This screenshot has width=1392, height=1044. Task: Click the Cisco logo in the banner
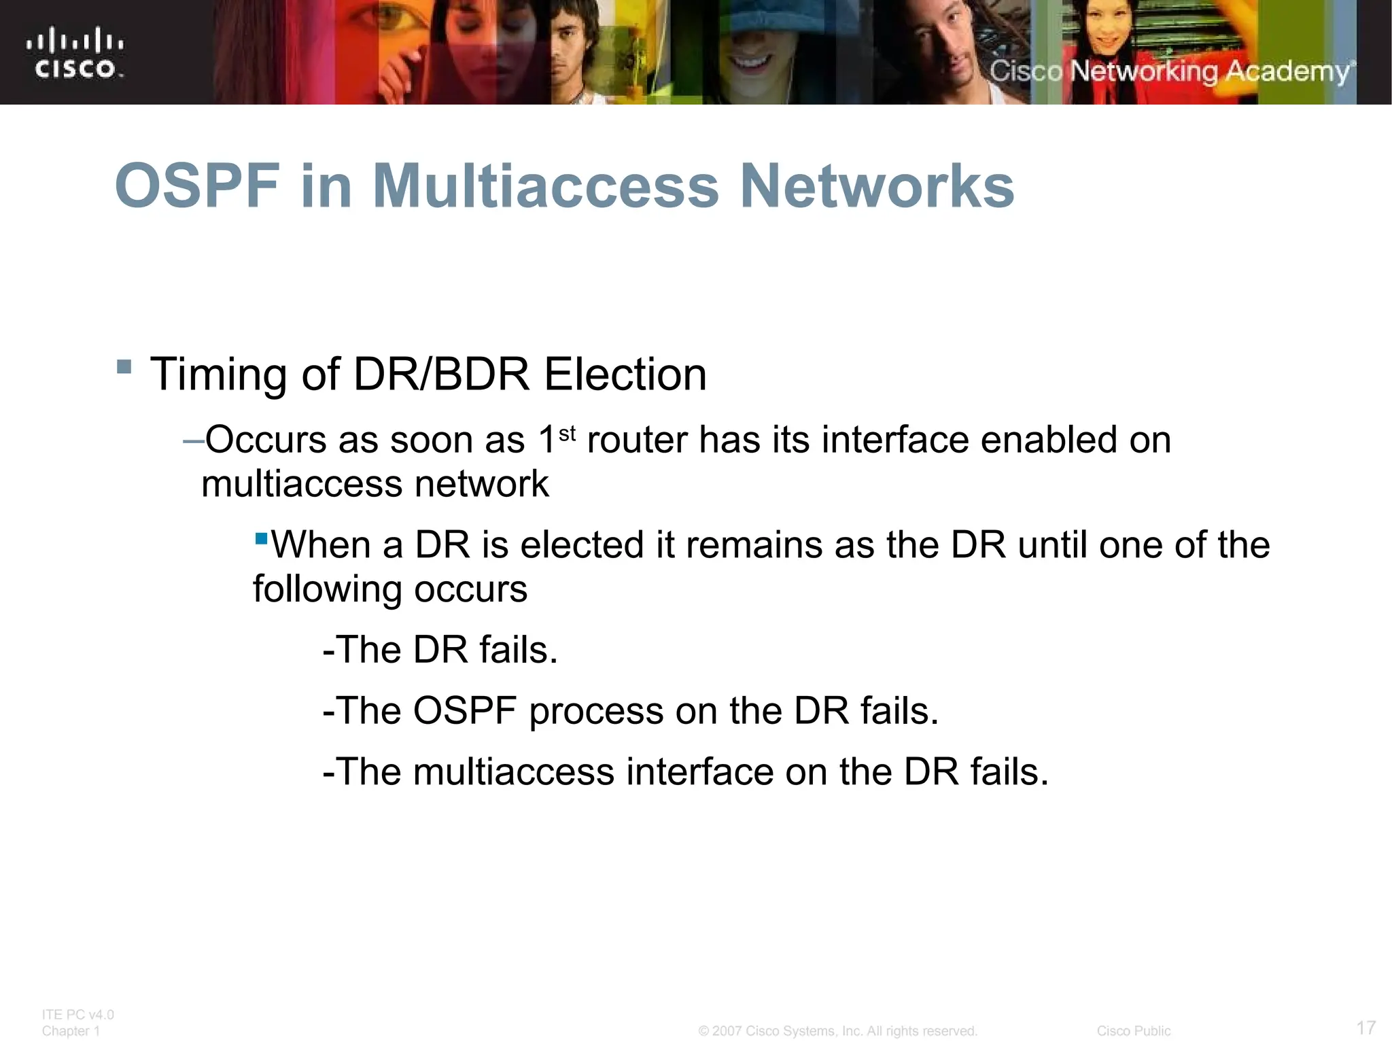point(75,53)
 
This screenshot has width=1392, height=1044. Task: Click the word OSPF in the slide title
point(197,186)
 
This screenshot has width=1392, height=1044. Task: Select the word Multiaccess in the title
point(545,186)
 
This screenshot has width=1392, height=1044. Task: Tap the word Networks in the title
point(877,186)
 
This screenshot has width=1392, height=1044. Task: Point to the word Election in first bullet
point(625,375)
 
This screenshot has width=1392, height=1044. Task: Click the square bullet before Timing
point(124,367)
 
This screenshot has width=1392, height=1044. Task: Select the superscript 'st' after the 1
point(567,433)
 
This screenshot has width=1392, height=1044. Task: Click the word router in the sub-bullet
point(637,440)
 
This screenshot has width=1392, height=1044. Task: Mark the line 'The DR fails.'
point(440,650)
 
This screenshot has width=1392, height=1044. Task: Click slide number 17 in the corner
point(1365,1027)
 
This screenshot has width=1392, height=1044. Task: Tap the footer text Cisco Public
point(1133,1031)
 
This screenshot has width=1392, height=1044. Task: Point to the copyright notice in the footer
point(837,1031)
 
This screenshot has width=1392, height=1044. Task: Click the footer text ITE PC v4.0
point(77,1015)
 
